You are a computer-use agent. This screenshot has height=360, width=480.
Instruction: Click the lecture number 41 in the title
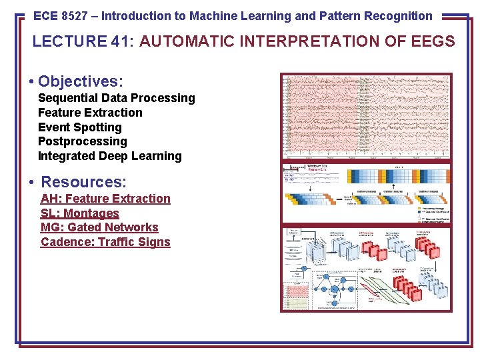[121, 42]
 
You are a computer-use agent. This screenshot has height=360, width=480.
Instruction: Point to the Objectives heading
[81, 81]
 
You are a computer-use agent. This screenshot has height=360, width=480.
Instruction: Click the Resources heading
[84, 181]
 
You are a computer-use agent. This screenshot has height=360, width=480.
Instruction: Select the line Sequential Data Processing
[117, 98]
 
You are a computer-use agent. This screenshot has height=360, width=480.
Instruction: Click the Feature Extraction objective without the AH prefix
[90, 113]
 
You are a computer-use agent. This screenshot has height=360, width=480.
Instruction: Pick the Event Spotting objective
[80, 127]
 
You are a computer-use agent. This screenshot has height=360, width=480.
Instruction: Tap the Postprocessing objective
[82, 141]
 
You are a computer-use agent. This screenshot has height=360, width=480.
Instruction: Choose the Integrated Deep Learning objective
[109, 156]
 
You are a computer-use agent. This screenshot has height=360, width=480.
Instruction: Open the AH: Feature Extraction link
[105, 199]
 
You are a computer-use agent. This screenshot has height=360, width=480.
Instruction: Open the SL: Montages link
[79, 213]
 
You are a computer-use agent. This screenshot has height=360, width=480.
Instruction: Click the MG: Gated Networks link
[99, 227]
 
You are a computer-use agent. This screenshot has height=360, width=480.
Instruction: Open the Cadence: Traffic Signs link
[105, 242]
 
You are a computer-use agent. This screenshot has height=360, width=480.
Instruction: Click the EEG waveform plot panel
[366, 116]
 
